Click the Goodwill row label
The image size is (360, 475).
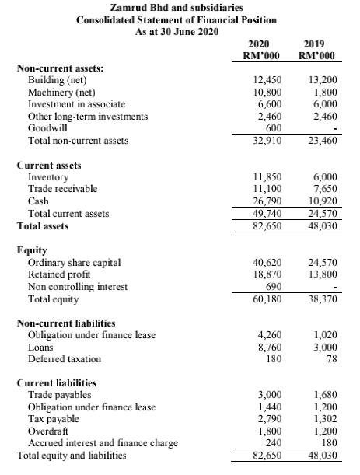coord(47,127)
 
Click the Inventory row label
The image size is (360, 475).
coord(48,177)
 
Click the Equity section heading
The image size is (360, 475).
coord(32,250)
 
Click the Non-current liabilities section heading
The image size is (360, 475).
coord(66,323)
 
